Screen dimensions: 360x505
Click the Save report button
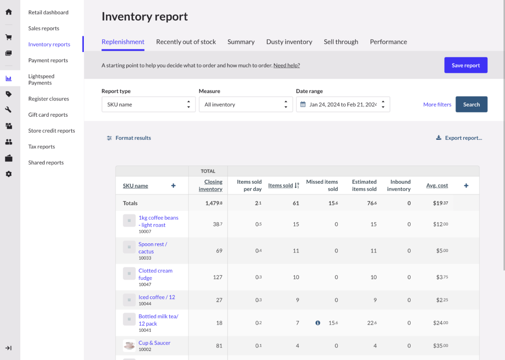[x=466, y=65]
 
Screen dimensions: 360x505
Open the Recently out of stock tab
[x=186, y=42]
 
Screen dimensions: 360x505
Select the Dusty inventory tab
[x=289, y=42]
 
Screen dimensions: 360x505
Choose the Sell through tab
[x=341, y=42]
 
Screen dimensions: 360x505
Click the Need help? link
[x=286, y=65]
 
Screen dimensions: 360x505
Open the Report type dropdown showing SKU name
[x=148, y=105]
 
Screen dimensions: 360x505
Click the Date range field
[x=343, y=105]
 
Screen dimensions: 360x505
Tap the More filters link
[x=437, y=105]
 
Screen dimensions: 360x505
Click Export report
[x=459, y=138]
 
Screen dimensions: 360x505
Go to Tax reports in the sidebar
[x=41, y=146]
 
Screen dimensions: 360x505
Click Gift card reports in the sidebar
[x=48, y=115]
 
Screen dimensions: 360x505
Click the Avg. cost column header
[x=437, y=185]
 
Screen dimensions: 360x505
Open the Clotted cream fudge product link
[x=156, y=274]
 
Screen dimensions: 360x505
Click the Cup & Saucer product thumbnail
[x=129, y=345]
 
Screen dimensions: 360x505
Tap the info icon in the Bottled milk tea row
[x=318, y=323]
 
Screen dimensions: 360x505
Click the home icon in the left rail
[x=9, y=12]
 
